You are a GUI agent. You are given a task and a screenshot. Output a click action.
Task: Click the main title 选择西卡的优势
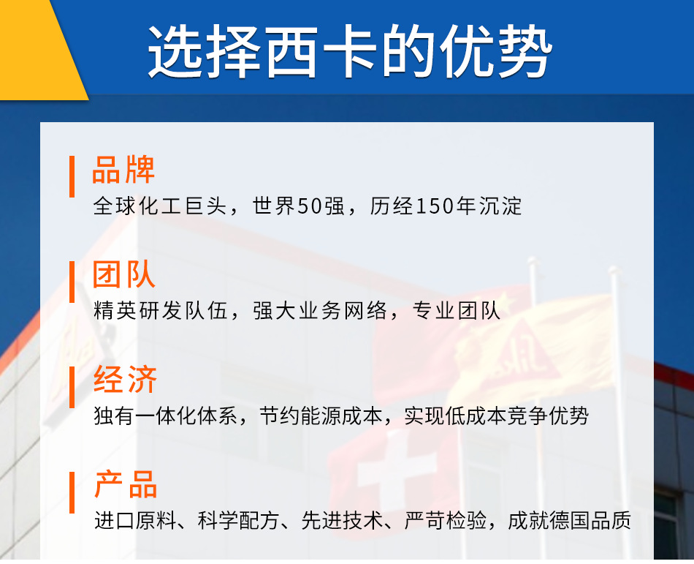350,52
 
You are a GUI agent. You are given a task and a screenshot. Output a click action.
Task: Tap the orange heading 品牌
123,170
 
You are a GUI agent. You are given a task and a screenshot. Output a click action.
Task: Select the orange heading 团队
123,276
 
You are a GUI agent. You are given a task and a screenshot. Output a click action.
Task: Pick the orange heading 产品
126,486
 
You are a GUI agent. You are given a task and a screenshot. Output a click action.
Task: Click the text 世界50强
298,206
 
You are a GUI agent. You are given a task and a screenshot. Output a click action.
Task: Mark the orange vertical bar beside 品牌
72,176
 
